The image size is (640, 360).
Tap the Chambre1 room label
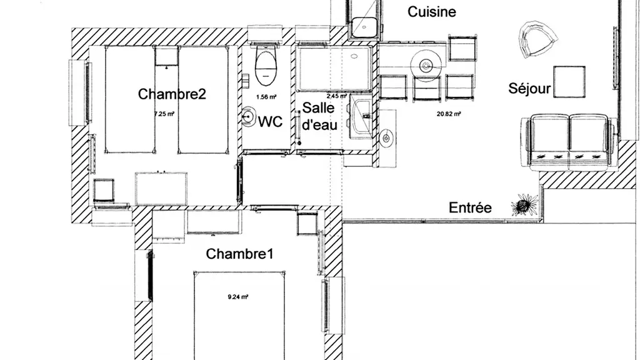240,254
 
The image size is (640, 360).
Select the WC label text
271,122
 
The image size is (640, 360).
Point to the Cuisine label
432,12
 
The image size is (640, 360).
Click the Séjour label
529,89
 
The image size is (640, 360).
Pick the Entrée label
470,208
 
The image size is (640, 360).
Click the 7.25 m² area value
164,114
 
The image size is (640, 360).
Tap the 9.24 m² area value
238,297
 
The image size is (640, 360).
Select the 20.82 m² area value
449,114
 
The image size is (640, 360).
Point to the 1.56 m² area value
267,97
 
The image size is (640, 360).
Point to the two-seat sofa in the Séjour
569,141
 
